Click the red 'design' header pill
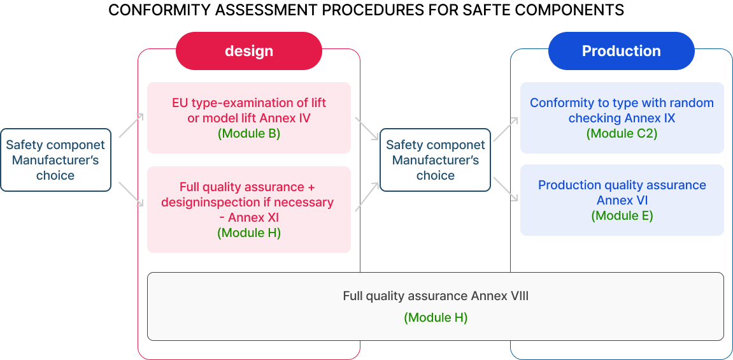(x=249, y=51)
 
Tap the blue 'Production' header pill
(x=621, y=51)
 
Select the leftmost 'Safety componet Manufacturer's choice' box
(x=55, y=160)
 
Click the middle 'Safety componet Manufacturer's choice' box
(x=435, y=160)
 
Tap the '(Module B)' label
(x=249, y=134)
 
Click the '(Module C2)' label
(x=622, y=134)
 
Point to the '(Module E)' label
(x=622, y=215)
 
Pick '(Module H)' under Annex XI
(x=249, y=233)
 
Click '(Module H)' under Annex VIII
(x=436, y=317)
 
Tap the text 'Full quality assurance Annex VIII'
(x=436, y=296)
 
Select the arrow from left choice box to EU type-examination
(x=131, y=126)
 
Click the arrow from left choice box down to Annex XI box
(x=131, y=194)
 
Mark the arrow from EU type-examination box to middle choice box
(x=367, y=128)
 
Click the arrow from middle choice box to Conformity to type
(x=506, y=128)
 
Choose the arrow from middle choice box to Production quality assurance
(x=506, y=190)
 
